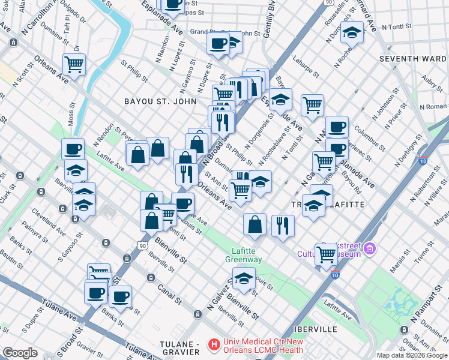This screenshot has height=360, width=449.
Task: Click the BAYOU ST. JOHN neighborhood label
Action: coord(160,101)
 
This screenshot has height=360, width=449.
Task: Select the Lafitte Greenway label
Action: coord(243,255)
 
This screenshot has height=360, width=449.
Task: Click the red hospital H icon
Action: coord(212,344)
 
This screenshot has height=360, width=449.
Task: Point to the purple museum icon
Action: coord(370,248)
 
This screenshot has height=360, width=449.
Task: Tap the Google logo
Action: coord(20,353)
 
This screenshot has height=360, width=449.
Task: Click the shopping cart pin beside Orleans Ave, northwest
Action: coord(74,64)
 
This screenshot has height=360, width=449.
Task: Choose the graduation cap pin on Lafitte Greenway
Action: coord(244,278)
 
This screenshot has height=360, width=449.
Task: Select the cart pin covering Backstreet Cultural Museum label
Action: coord(326,254)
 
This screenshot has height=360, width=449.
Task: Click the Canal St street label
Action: coord(165,294)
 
